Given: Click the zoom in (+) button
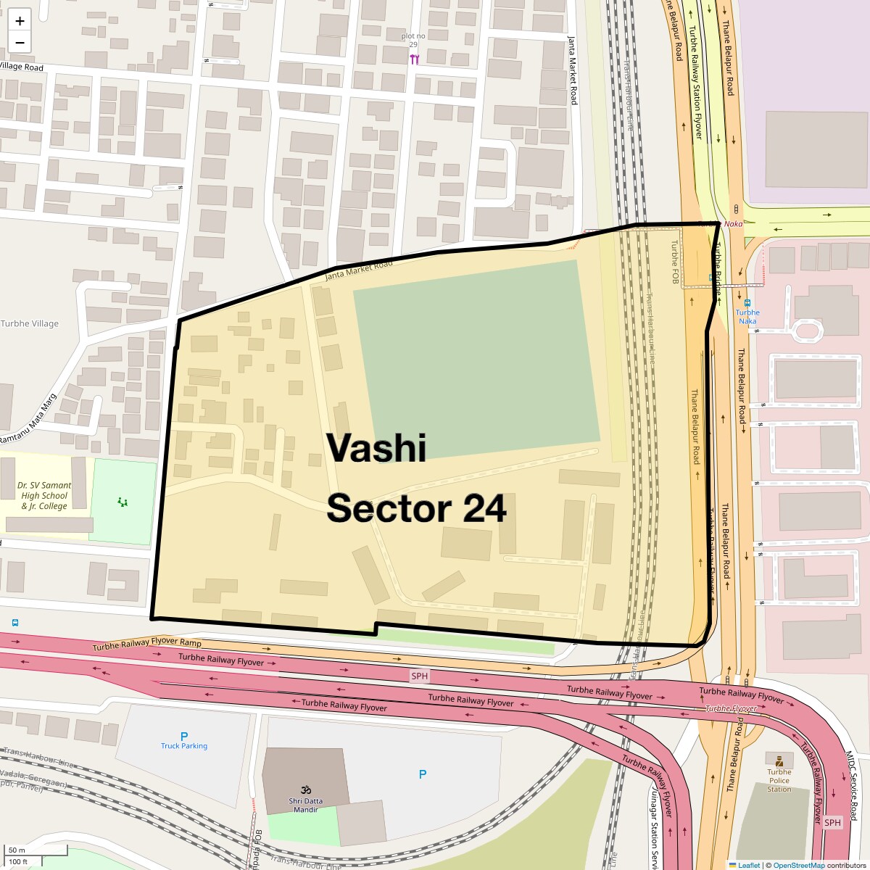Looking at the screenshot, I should (20, 21).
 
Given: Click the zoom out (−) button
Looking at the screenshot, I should (20, 42).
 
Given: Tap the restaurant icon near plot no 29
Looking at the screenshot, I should (414, 59).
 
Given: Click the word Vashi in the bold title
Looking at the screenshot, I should (376, 447).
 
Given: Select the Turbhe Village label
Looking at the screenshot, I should (30, 324).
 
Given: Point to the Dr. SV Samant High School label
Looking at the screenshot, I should (45, 495).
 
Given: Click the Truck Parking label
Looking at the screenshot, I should (184, 746).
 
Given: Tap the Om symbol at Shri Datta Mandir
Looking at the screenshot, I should (305, 790).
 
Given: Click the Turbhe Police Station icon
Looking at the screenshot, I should (779, 761).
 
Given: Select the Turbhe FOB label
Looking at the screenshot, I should (674, 262).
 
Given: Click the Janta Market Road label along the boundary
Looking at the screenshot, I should (358, 270).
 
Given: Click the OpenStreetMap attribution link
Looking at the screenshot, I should (798, 865).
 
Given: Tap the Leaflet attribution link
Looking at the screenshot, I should (749, 865).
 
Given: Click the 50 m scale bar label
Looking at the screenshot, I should (17, 850).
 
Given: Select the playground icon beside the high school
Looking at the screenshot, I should (123, 502).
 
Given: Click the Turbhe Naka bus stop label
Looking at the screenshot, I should (747, 316).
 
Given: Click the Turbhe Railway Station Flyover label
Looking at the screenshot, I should (695, 83).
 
